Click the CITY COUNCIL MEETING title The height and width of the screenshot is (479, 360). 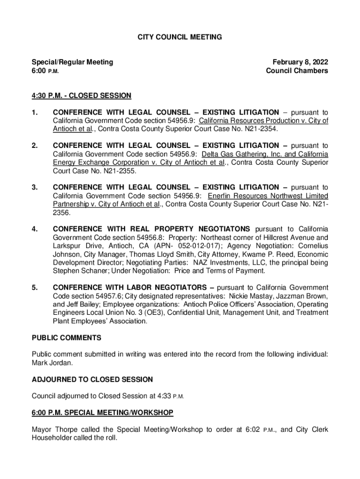pos(180,36)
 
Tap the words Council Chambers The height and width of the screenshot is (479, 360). pos(297,71)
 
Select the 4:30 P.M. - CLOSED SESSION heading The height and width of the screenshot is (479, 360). pos(81,96)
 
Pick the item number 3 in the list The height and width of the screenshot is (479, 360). pos(34,188)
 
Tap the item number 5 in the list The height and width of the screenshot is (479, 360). pos(34,287)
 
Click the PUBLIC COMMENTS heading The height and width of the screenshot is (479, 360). pos(66,338)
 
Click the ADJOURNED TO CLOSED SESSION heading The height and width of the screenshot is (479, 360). pos(92,379)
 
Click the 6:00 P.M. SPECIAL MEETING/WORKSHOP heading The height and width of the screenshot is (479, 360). pos(102,412)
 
